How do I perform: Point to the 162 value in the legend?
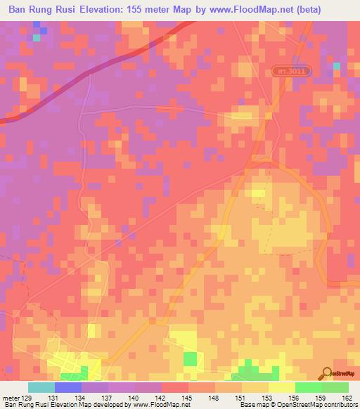348,398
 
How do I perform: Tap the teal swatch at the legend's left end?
41,387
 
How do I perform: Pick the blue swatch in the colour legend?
68,387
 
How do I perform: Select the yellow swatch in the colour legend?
281,387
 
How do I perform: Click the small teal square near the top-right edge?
336,66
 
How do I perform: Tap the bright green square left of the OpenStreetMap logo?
190,359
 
